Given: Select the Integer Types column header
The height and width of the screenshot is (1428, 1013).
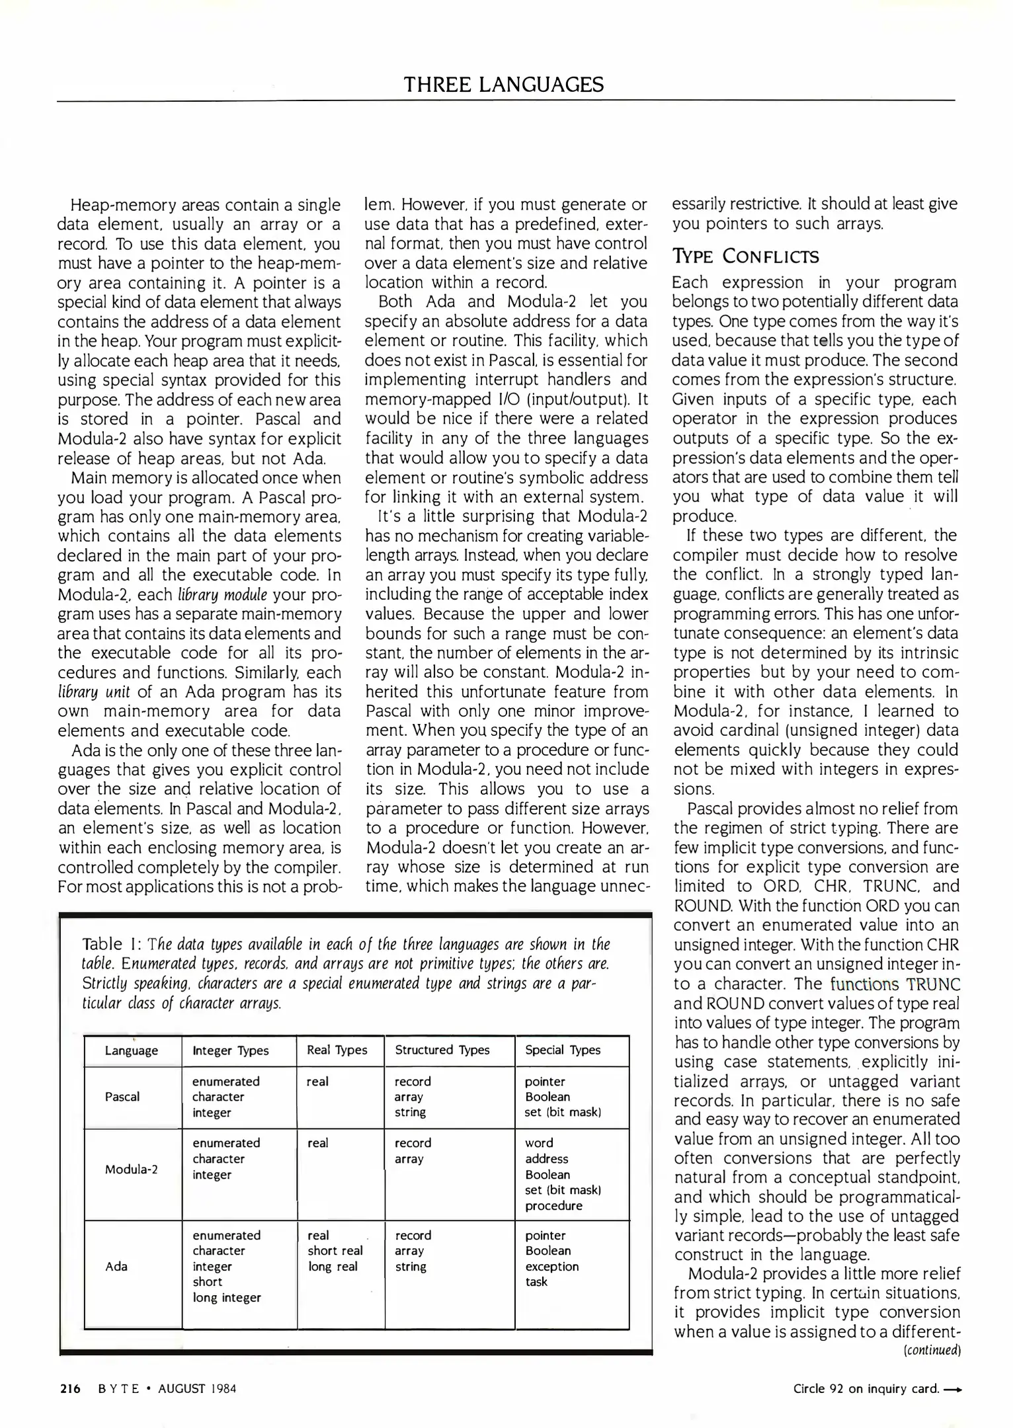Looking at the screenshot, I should (x=230, y=1051).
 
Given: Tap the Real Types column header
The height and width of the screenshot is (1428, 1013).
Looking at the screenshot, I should (x=337, y=1050).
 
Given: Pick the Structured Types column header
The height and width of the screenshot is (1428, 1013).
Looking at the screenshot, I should (x=442, y=1050).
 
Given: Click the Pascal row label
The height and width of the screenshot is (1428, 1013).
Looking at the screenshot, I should (x=122, y=1097).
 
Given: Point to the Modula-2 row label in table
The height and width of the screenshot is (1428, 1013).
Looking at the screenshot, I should (x=131, y=1169).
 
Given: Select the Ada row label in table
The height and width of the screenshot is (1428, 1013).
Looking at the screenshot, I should (x=116, y=1266).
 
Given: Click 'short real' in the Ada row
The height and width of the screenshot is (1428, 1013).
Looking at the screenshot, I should (x=335, y=1250).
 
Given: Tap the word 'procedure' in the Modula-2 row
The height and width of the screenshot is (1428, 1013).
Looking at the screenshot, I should (x=553, y=1205).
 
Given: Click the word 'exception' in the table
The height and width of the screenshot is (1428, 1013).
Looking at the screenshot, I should (x=551, y=1266).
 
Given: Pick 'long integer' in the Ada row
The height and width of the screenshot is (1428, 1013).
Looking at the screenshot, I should (x=226, y=1297).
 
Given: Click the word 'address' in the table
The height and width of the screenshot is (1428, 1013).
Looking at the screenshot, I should (x=546, y=1158).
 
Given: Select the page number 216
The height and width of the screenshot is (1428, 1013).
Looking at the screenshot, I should (x=69, y=1388).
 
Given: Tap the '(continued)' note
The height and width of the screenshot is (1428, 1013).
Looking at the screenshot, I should (x=931, y=1349).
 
